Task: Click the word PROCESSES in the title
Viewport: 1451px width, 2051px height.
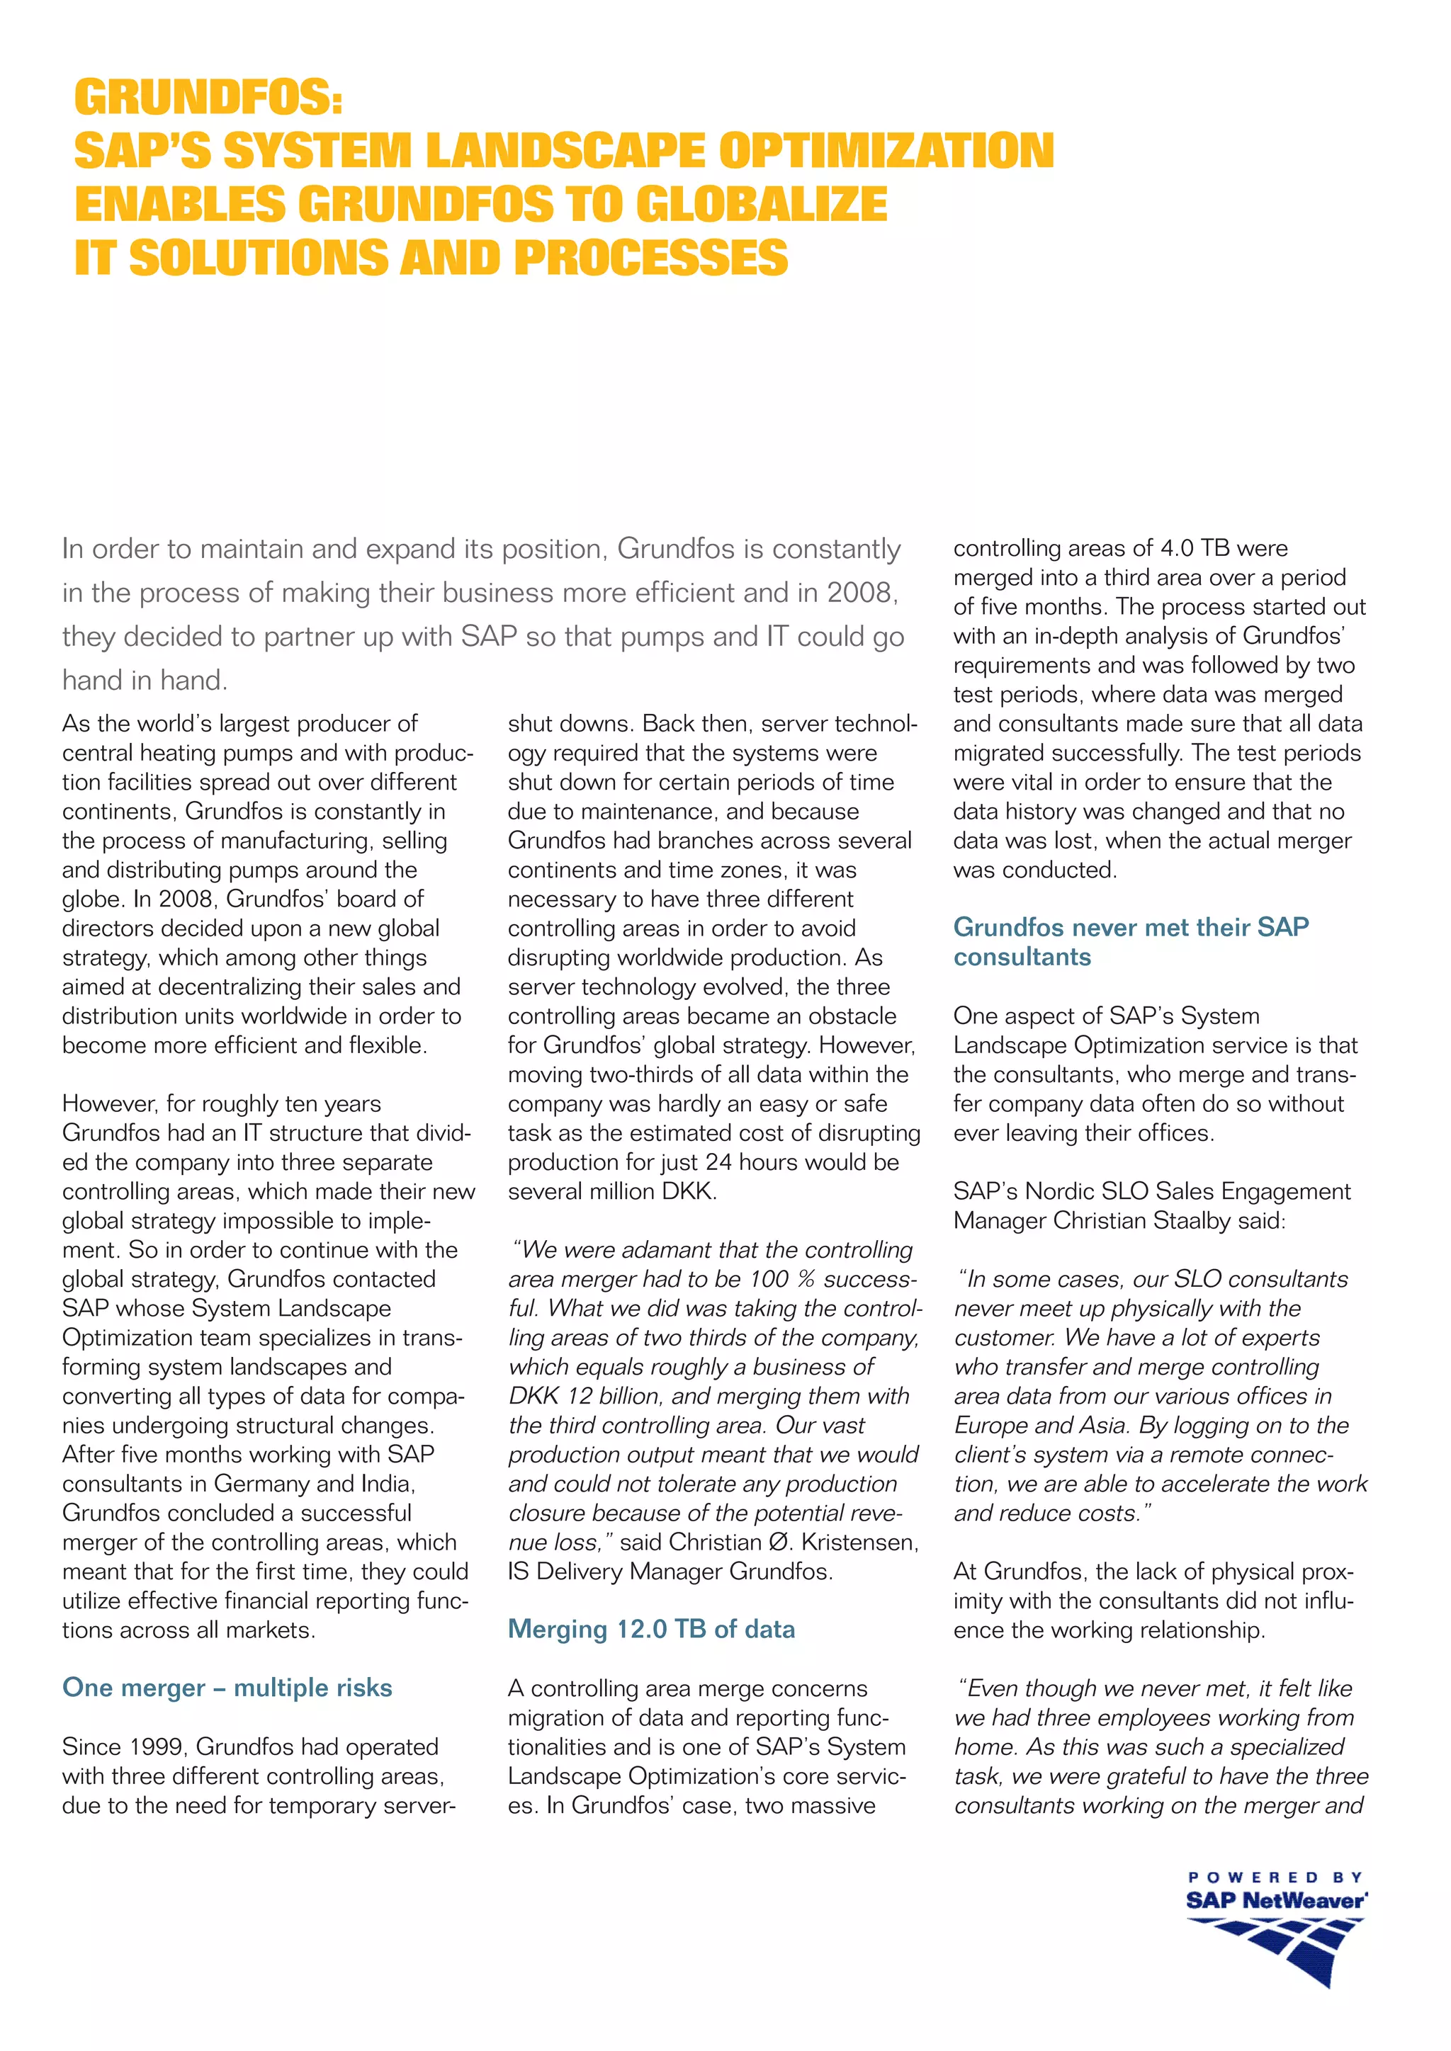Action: tap(650, 258)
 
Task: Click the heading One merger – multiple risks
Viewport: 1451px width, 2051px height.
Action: tap(227, 1688)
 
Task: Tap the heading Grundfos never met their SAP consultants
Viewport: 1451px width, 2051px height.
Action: tap(1130, 941)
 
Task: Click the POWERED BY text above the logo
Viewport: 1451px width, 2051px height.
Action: tap(1275, 1877)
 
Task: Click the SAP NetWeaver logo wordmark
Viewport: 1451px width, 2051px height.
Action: tap(1276, 1901)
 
